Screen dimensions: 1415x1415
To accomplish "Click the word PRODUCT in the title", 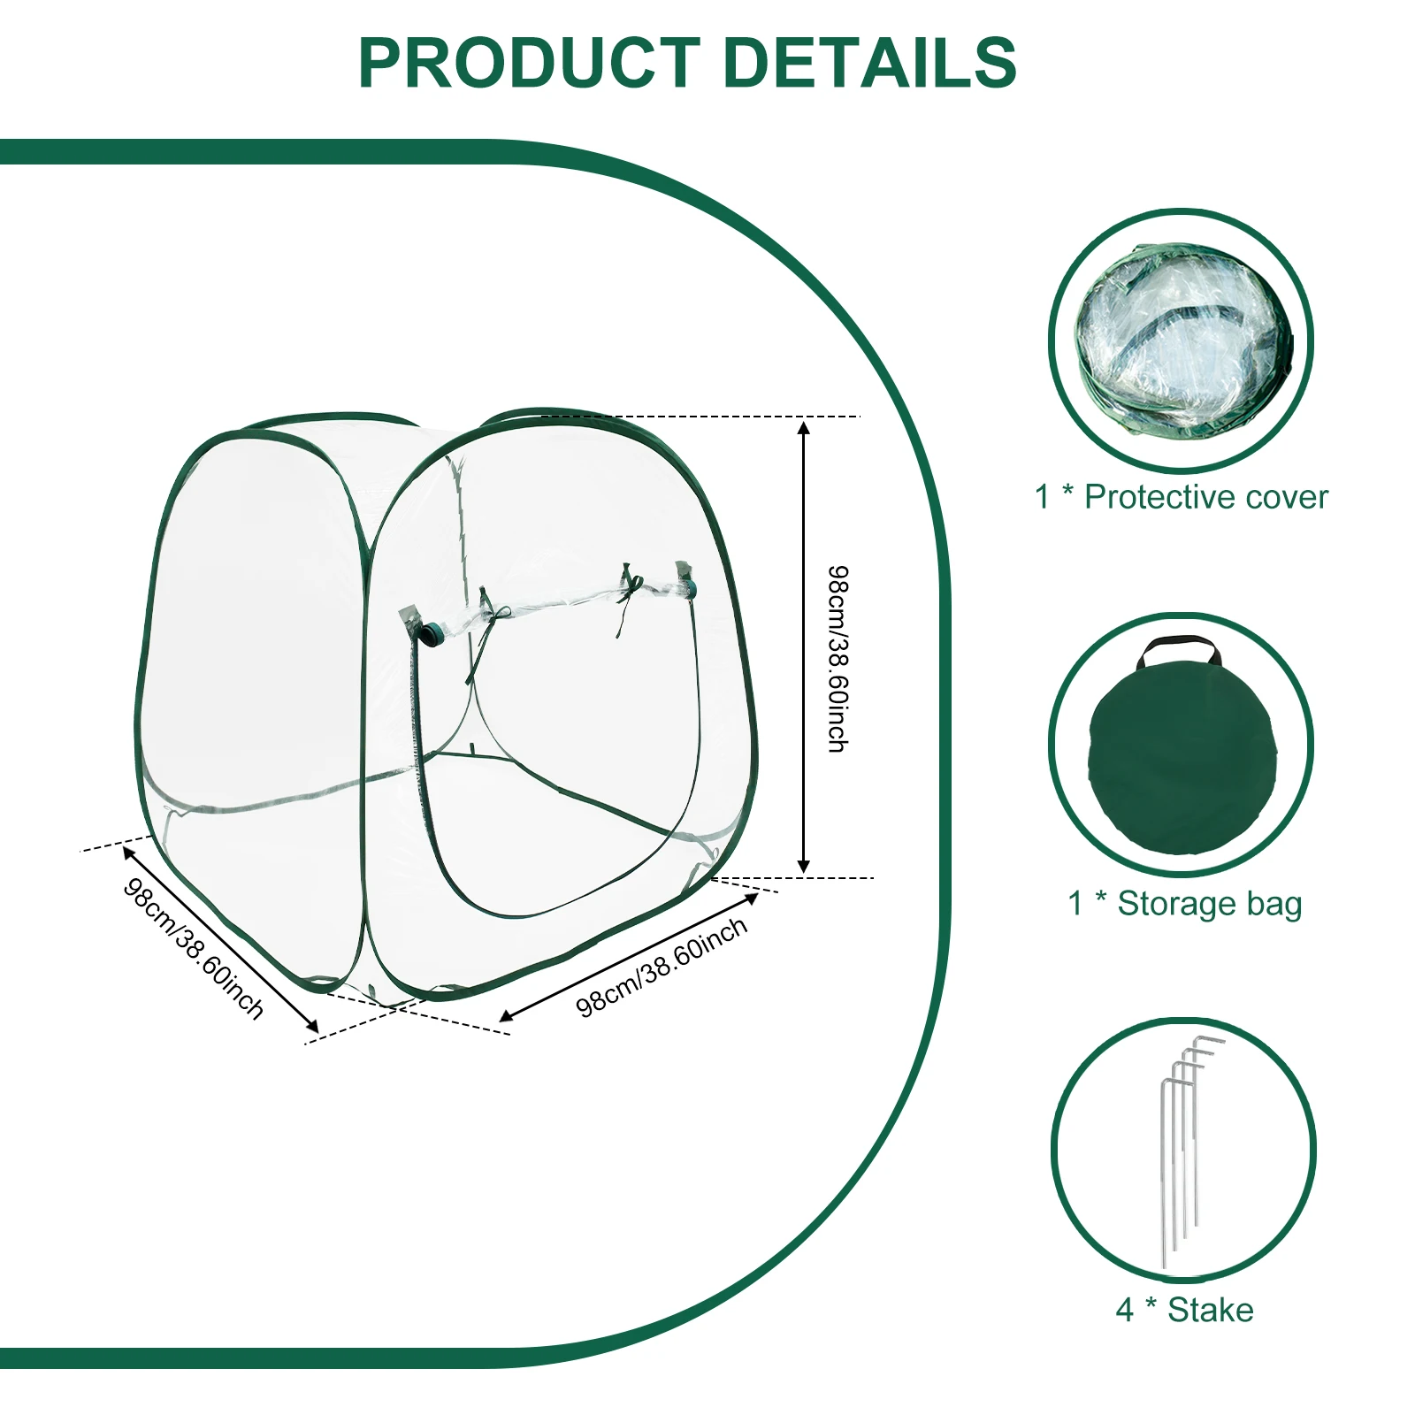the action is click(529, 64).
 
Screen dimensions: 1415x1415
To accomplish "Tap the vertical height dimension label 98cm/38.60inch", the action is click(837, 659).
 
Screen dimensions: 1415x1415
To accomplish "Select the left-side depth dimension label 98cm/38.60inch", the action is click(194, 948).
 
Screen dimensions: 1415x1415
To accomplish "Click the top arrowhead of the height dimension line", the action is click(804, 428).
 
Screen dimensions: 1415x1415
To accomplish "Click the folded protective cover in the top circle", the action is click(1183, 340).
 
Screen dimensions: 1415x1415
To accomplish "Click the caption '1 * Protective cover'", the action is click(1181, 497).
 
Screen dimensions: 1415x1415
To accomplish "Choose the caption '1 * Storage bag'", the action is click(1184, 904).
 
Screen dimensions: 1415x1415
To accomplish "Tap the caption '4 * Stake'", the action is click(1184, 1310).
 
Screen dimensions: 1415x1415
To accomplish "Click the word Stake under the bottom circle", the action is click(1210, 1310).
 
